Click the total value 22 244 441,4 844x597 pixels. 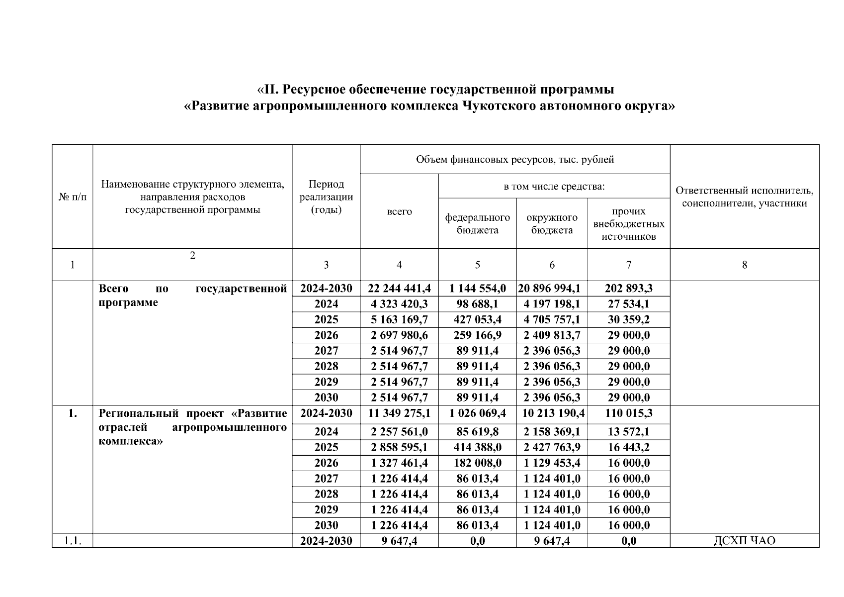pyautogui.click(x=399, y=289)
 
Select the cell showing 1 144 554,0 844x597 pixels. pyautogui.click(x=477, y=289)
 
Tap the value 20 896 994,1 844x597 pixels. pyautogui.click(x=552, y=289)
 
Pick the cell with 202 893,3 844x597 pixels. pyautogui.click(x=628, y=289)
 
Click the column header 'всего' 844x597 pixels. pyautogui.click(x=399, y=211)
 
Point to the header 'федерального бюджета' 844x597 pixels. pyautogui.click(x=477, y=224)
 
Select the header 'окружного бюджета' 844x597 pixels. pyautogui.click(x=552, y=224)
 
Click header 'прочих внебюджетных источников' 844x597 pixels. pyautogui.click(x=628, y=224)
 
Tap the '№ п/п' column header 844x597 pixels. pyautogui.click(x=72, y=197)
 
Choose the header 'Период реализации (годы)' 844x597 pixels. pyautogui.click(x=326, y=197)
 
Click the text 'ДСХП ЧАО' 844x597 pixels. pyautogui.click(x=744, y=541)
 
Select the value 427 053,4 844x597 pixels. pyautogui.click(x=477, y=319)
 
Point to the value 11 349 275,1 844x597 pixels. pyautogui.click(x=399, y=413)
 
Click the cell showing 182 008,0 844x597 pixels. pyautogui.click(x=477, y=463)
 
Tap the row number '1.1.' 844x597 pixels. pyautogui.click(x=72, y=541)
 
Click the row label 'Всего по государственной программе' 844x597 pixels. pyautogui.click(x=192, y=296)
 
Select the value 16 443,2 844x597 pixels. pyautogui.click(x=628, y=447)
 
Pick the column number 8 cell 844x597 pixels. pyautogui.click(x=744, y=265)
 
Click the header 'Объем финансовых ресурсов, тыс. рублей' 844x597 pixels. pyautogui.click(x=514, y=160)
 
